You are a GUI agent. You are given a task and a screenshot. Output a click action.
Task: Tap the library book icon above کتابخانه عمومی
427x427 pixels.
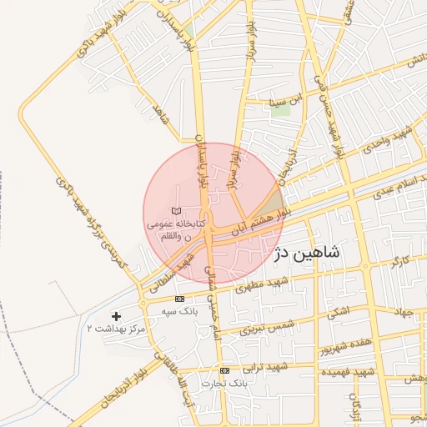pyautogui.click(x=175, y=211)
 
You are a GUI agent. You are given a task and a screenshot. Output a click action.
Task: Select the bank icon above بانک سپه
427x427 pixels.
pyautogui.click(x=179, y=299)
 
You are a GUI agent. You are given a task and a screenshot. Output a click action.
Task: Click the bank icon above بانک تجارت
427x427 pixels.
pyautogui.click(x=224, y=369)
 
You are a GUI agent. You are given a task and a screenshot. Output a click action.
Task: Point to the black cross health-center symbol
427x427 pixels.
pyautogui.click(x=115, y=316)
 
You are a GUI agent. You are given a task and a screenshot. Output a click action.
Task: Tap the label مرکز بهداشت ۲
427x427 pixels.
pyautogui.click(x=115, y=329)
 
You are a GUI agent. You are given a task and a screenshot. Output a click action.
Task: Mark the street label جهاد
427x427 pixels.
pyautogui.click(x=404, y=311)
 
